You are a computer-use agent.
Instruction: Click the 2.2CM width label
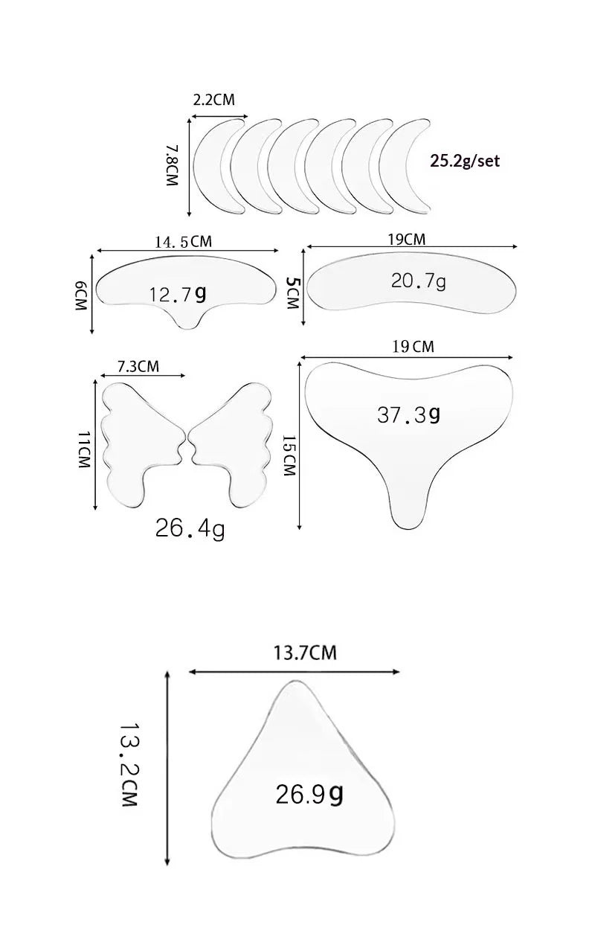pyautogui.click(x=213, y=100)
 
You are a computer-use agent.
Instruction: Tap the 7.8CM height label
pyautogui.click(x=172, y=166)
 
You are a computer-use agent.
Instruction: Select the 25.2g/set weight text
pyautogui.click(x=465, y=161)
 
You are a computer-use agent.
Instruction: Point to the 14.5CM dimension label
pyautogui.click(x=184, y=242)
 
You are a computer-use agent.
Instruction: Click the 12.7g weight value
pyautogui.click(x=178, y=295)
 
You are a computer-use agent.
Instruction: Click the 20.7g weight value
pyautogui.click(x=418, y=281)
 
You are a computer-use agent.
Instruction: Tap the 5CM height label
pyautogui.click(x=292, y=292)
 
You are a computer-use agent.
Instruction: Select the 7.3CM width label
pyautogui.click(x=138, y=366)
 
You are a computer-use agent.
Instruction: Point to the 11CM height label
pyautogui.click(x=84, y=449)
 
